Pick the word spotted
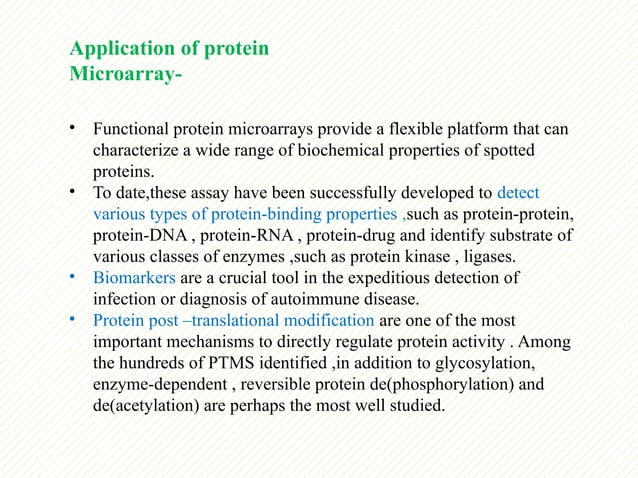[508, 151]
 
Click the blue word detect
[518, 193]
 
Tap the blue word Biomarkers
[134, 278]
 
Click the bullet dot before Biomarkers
[72, 276]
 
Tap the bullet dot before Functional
[72, 128]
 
